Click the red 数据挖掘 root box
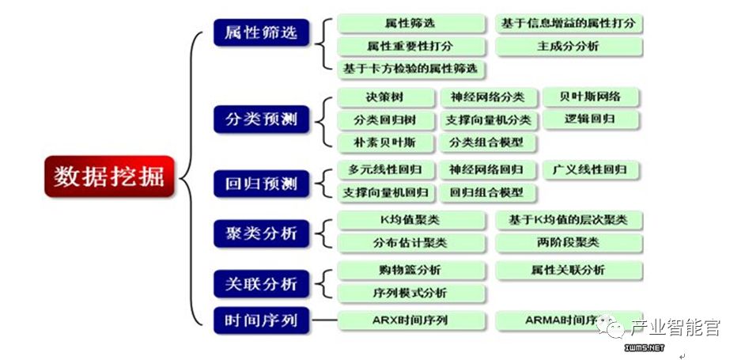108,176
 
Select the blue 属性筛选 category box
261,33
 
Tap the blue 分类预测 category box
261,119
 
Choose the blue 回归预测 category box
261,184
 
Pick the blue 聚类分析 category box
261,233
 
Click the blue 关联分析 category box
261,283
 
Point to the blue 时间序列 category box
261,320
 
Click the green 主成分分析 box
568,47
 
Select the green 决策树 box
384,97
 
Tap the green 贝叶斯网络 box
590,97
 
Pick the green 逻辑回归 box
590,119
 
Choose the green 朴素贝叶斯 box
384,143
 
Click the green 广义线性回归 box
590,169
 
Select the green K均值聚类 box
410,220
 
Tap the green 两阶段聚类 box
568,242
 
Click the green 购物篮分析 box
410,270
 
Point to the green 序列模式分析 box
410,293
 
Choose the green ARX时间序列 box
410,320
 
